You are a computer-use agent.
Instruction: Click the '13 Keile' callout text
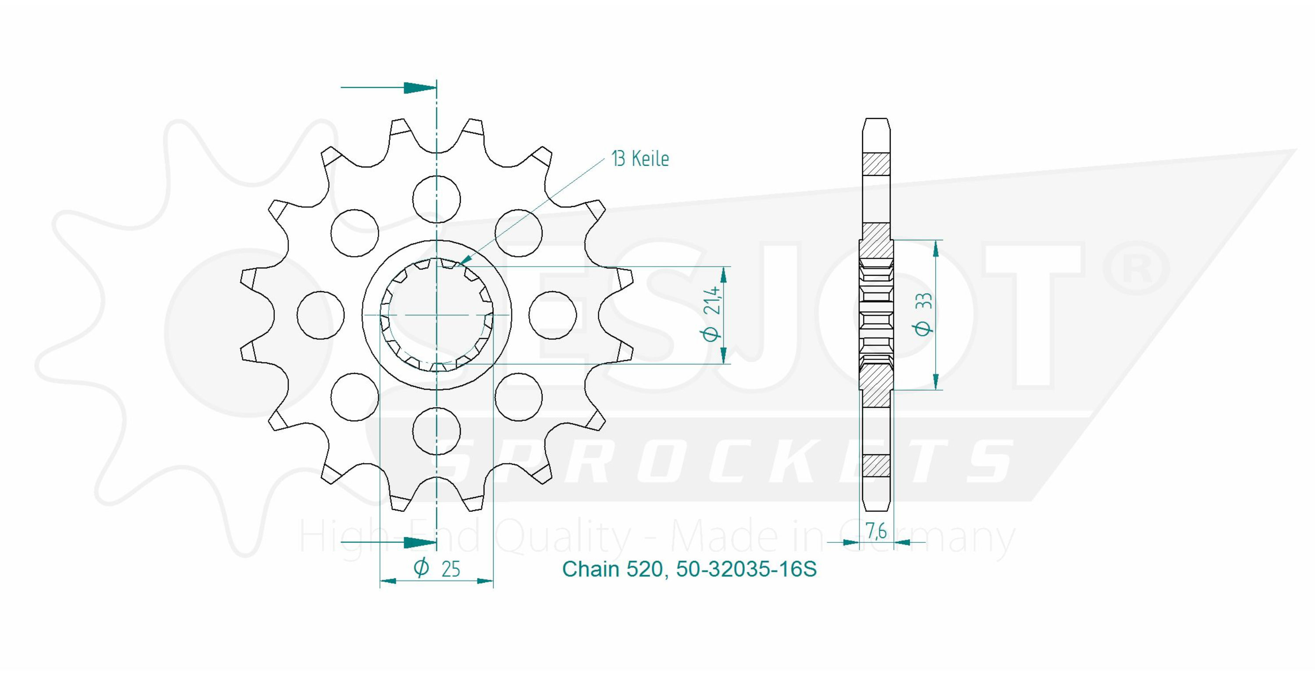tap(640, 159)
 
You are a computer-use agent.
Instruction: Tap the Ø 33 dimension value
tap(924, 314)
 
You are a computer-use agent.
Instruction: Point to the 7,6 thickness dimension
tap(876, 531)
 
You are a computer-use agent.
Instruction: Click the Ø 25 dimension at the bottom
tap(437, 568)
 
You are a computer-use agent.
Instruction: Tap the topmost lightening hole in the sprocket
tap(437, 199)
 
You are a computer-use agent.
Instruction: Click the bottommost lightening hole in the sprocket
tap(437, 431)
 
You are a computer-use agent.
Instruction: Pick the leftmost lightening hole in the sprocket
tap(320, 315)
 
